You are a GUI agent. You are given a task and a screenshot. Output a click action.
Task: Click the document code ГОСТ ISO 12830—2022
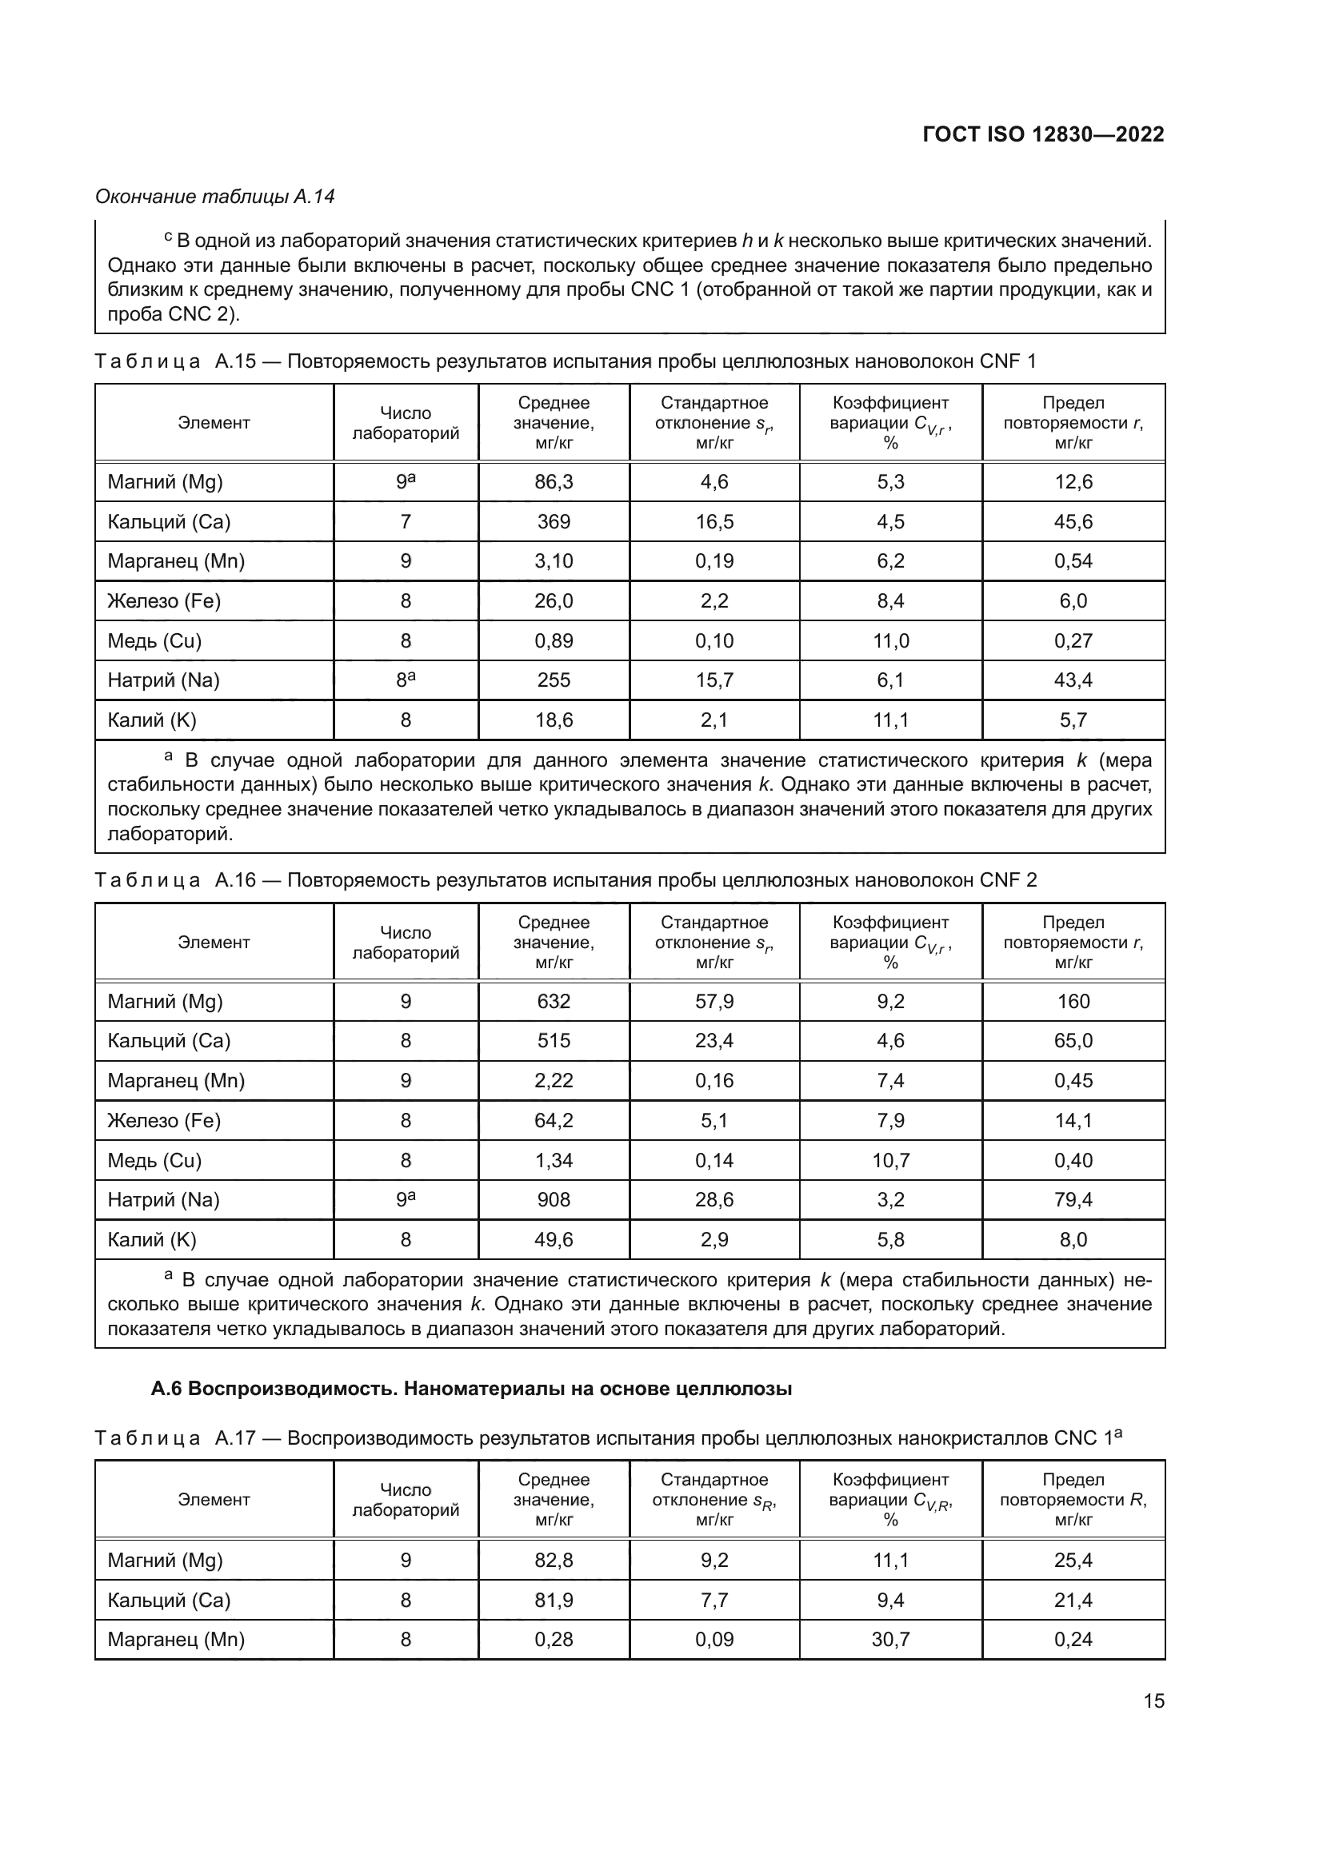1043,134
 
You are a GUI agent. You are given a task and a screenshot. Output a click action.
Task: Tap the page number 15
1153,1701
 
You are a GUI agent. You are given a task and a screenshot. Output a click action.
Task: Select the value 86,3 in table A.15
554,482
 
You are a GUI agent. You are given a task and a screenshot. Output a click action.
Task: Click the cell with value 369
554,522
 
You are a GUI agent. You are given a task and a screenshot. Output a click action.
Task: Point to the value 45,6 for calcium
1073,522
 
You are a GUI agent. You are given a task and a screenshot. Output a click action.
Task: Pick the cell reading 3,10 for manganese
554,561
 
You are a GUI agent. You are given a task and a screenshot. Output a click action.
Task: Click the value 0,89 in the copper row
554,641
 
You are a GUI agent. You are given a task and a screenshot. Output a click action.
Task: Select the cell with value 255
554,680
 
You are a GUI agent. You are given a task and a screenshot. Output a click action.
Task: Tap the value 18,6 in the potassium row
554,720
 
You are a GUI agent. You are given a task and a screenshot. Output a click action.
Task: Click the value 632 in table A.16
554,1002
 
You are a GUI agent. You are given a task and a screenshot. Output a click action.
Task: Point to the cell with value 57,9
714,1002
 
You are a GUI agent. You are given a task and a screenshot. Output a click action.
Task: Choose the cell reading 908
554,1200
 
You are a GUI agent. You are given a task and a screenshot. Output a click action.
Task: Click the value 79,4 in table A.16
1073,1200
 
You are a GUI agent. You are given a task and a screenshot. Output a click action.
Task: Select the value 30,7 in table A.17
890,1640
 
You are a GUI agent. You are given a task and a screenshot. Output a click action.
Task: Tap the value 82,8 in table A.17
554,1561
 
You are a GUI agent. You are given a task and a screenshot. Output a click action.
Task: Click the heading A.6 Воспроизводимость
471,1389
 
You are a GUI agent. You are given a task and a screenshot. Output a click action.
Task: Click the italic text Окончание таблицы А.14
215,197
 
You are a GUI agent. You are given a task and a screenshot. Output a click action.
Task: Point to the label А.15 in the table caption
234,361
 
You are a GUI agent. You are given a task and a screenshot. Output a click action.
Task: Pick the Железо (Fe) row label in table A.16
164,1121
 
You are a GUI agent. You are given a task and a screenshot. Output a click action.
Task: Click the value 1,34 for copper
554,1161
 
